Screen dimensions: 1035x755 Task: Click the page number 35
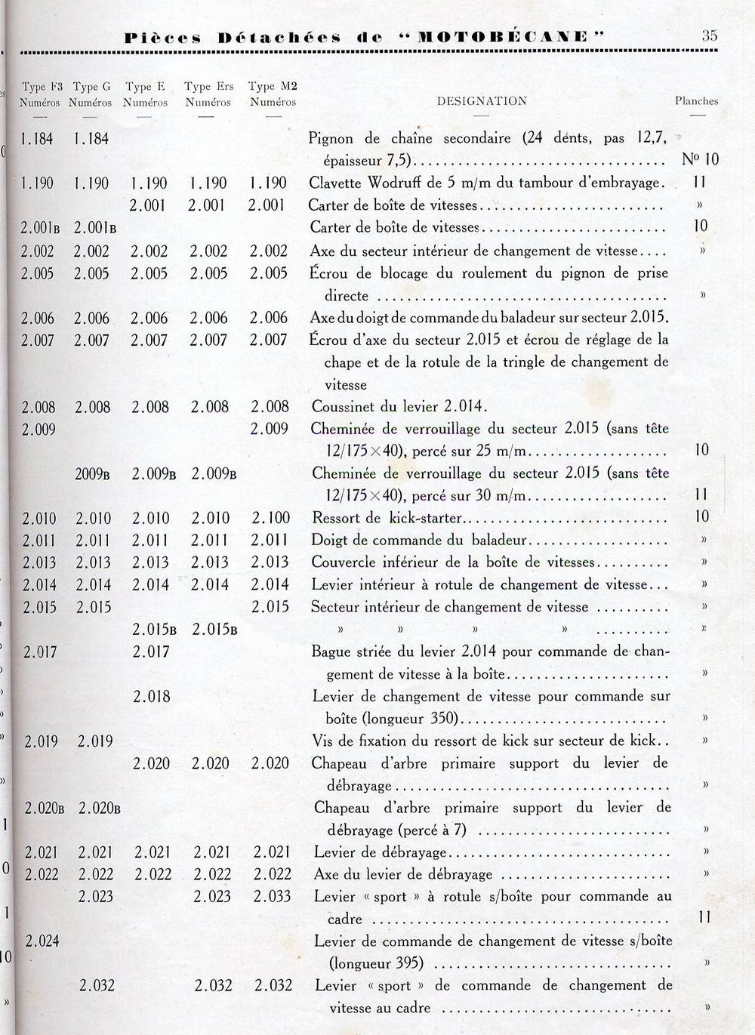click(x=709, y=35)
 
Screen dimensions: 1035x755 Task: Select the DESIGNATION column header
click(x=482, y=100)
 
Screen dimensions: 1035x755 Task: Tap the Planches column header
click(x=696, y=100)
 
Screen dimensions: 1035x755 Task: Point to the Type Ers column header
click(x=208, y=94)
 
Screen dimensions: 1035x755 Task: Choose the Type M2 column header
click(x=273, y=94)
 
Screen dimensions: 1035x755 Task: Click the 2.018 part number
click(x=152, y=696)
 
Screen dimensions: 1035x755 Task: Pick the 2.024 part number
click(x=42, y=941)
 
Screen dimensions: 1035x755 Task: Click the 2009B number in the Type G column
click(x=93, y=474)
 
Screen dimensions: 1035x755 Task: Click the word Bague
click(x=331, y=651)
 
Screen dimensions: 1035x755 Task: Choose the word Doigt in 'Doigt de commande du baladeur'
click(x=330, y=541)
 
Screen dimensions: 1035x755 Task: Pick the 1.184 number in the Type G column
click(x=92, y=138)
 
